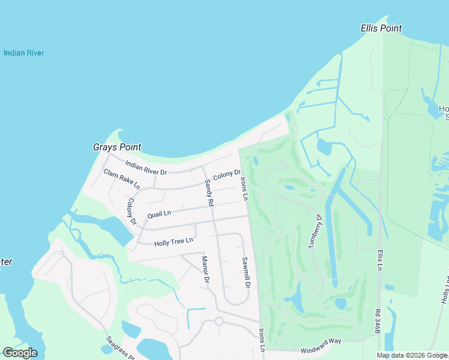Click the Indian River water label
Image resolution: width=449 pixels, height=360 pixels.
(x=24, y=53)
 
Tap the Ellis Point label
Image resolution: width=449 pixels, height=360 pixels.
(x=381, y=28)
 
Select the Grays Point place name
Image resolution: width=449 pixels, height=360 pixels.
(x=117, y=147)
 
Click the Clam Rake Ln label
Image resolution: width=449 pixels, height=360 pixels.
(x=121, y=178)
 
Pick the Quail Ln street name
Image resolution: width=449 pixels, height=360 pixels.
(x=159, y=213)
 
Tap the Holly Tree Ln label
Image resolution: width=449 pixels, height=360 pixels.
(x=173, y=241)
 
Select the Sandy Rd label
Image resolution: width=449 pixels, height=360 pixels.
(x=209, y=193)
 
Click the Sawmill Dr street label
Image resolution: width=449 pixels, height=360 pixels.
(x=245, y=272)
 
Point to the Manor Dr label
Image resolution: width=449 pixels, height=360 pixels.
(x=205, y=269)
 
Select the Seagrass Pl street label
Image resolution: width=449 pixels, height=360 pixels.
(x=121, y=347)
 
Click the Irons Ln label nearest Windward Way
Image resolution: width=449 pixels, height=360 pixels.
(x=262, y=340)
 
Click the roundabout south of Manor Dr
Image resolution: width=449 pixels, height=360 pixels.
(x=219, y=321)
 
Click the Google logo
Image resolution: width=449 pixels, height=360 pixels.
(x=20, y=353)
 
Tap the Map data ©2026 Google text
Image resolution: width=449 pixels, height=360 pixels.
(x=411, y=355)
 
